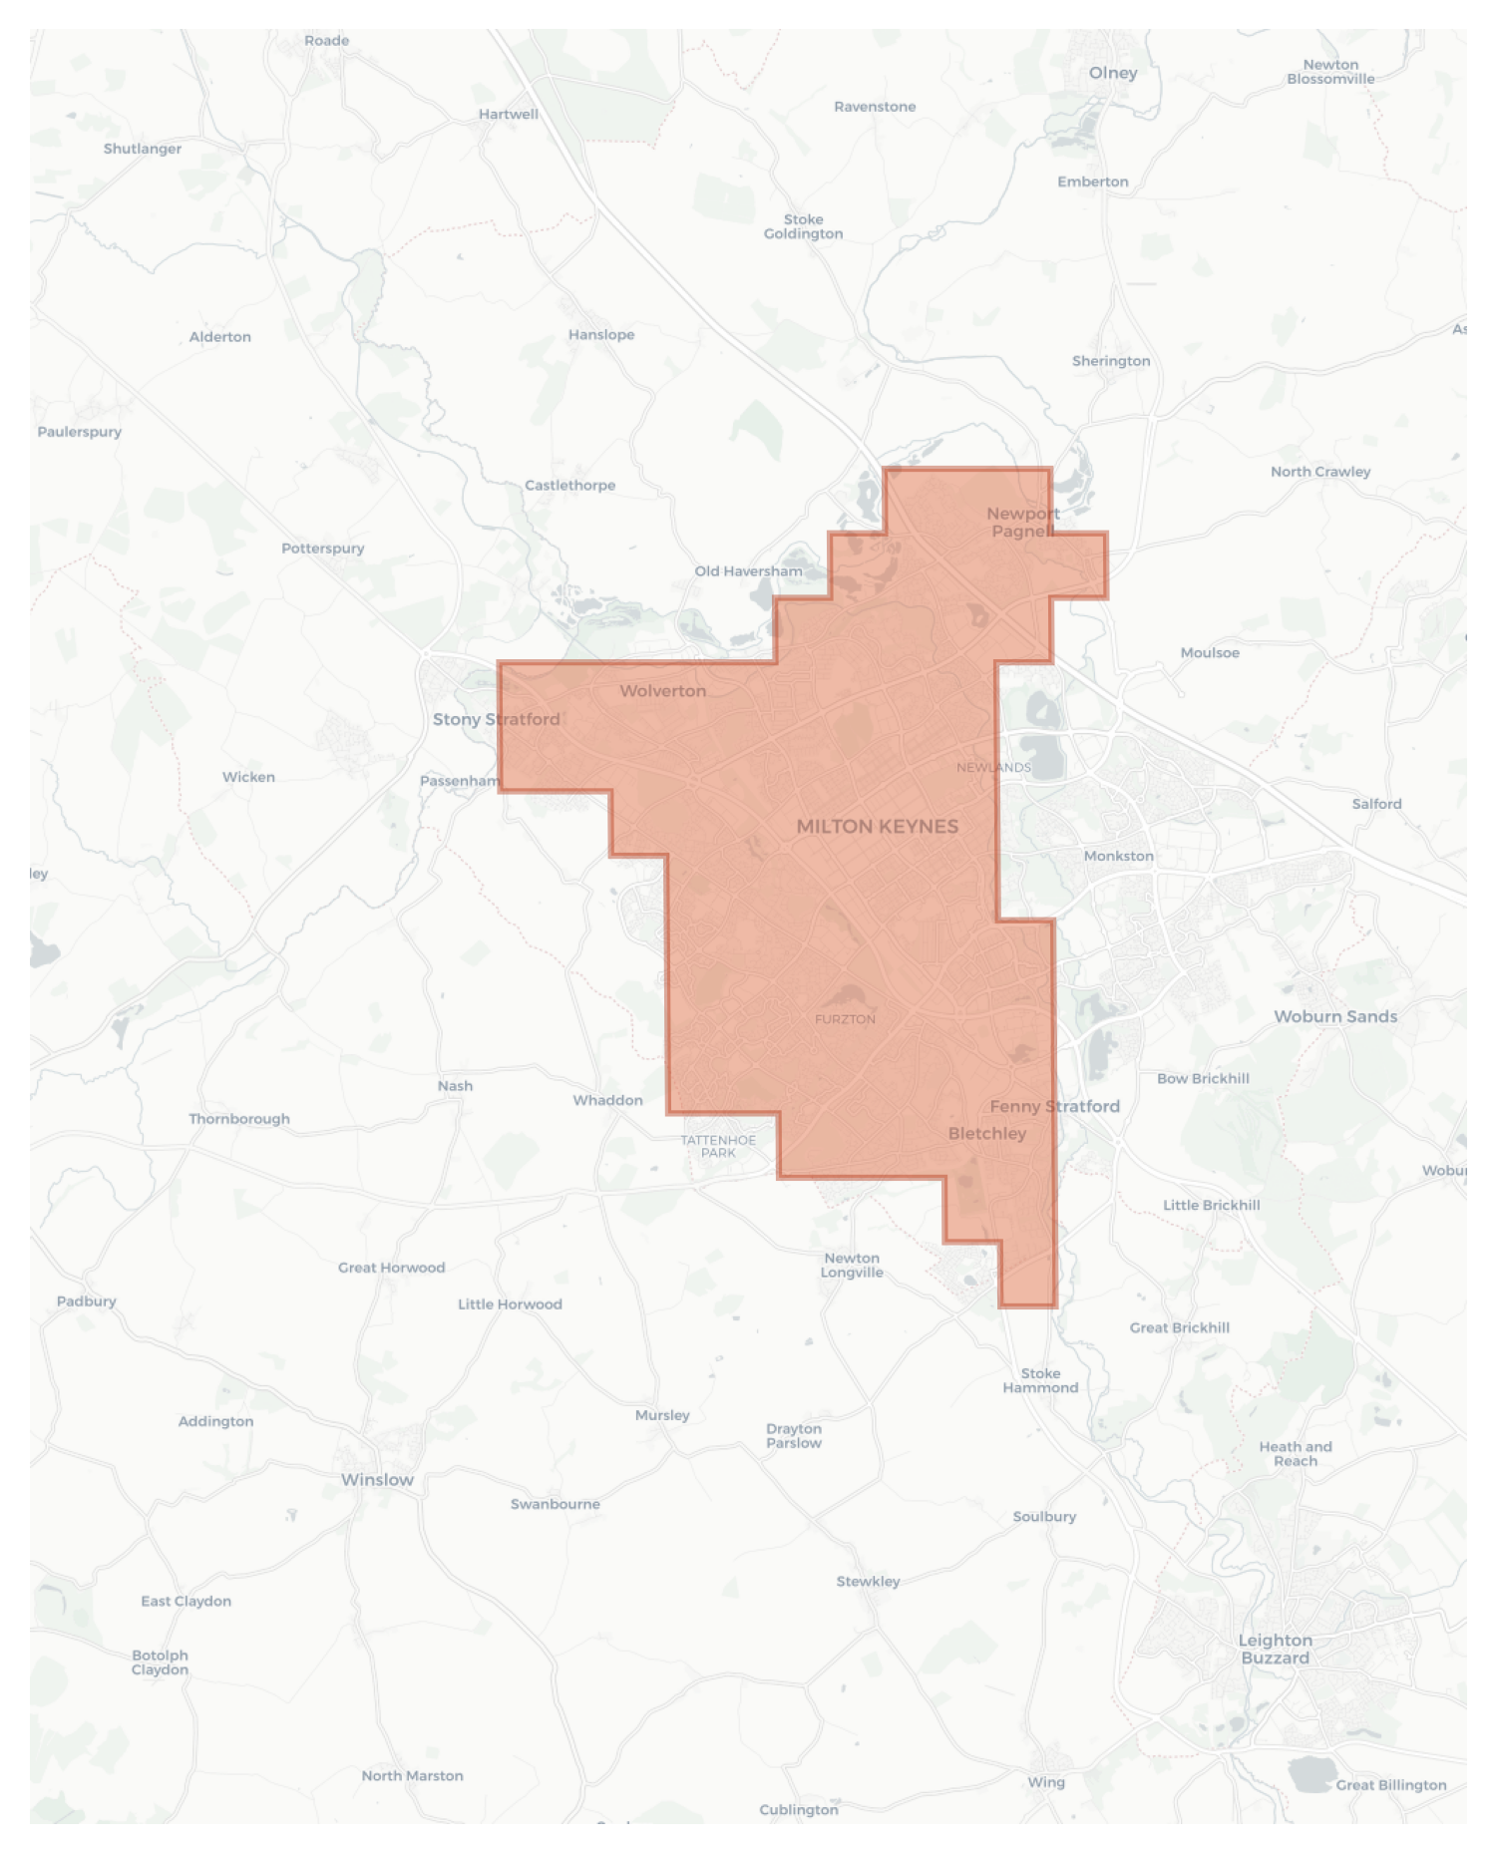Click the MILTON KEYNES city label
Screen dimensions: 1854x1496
[x=877, y=826]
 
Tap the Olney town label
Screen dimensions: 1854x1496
[x=1113, y=73]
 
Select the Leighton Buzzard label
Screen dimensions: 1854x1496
[x=1275, y=1649]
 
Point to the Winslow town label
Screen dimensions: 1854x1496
[x=377, y=1479]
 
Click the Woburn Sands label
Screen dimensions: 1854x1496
[x=1335, y=1016]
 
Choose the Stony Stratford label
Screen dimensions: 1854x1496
[x=496, y=719]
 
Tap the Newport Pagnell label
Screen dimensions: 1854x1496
[x=1022, y=522]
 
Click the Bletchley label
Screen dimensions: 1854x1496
[x=986, y=1133]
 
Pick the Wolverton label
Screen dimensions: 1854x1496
[x=662, y=690]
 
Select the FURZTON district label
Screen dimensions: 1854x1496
[x=845, y=1019]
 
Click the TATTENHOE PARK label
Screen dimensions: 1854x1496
[x=718, y=1146]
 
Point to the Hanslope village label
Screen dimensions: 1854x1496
[x=601, y=334]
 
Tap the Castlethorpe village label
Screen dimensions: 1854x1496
[x=569, y=485]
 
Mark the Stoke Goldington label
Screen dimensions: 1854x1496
[x=803, y=226]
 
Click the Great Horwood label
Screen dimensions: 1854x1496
[x=391, y=1268]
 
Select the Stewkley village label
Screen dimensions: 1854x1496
[x=868, y=1581]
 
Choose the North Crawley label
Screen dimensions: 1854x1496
[x=1320, y=472]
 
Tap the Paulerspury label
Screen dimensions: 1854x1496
[x=80, y=432]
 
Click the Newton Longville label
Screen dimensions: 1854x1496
[x=852, y=1265]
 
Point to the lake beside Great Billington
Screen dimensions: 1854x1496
[x=1310, y=1774]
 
